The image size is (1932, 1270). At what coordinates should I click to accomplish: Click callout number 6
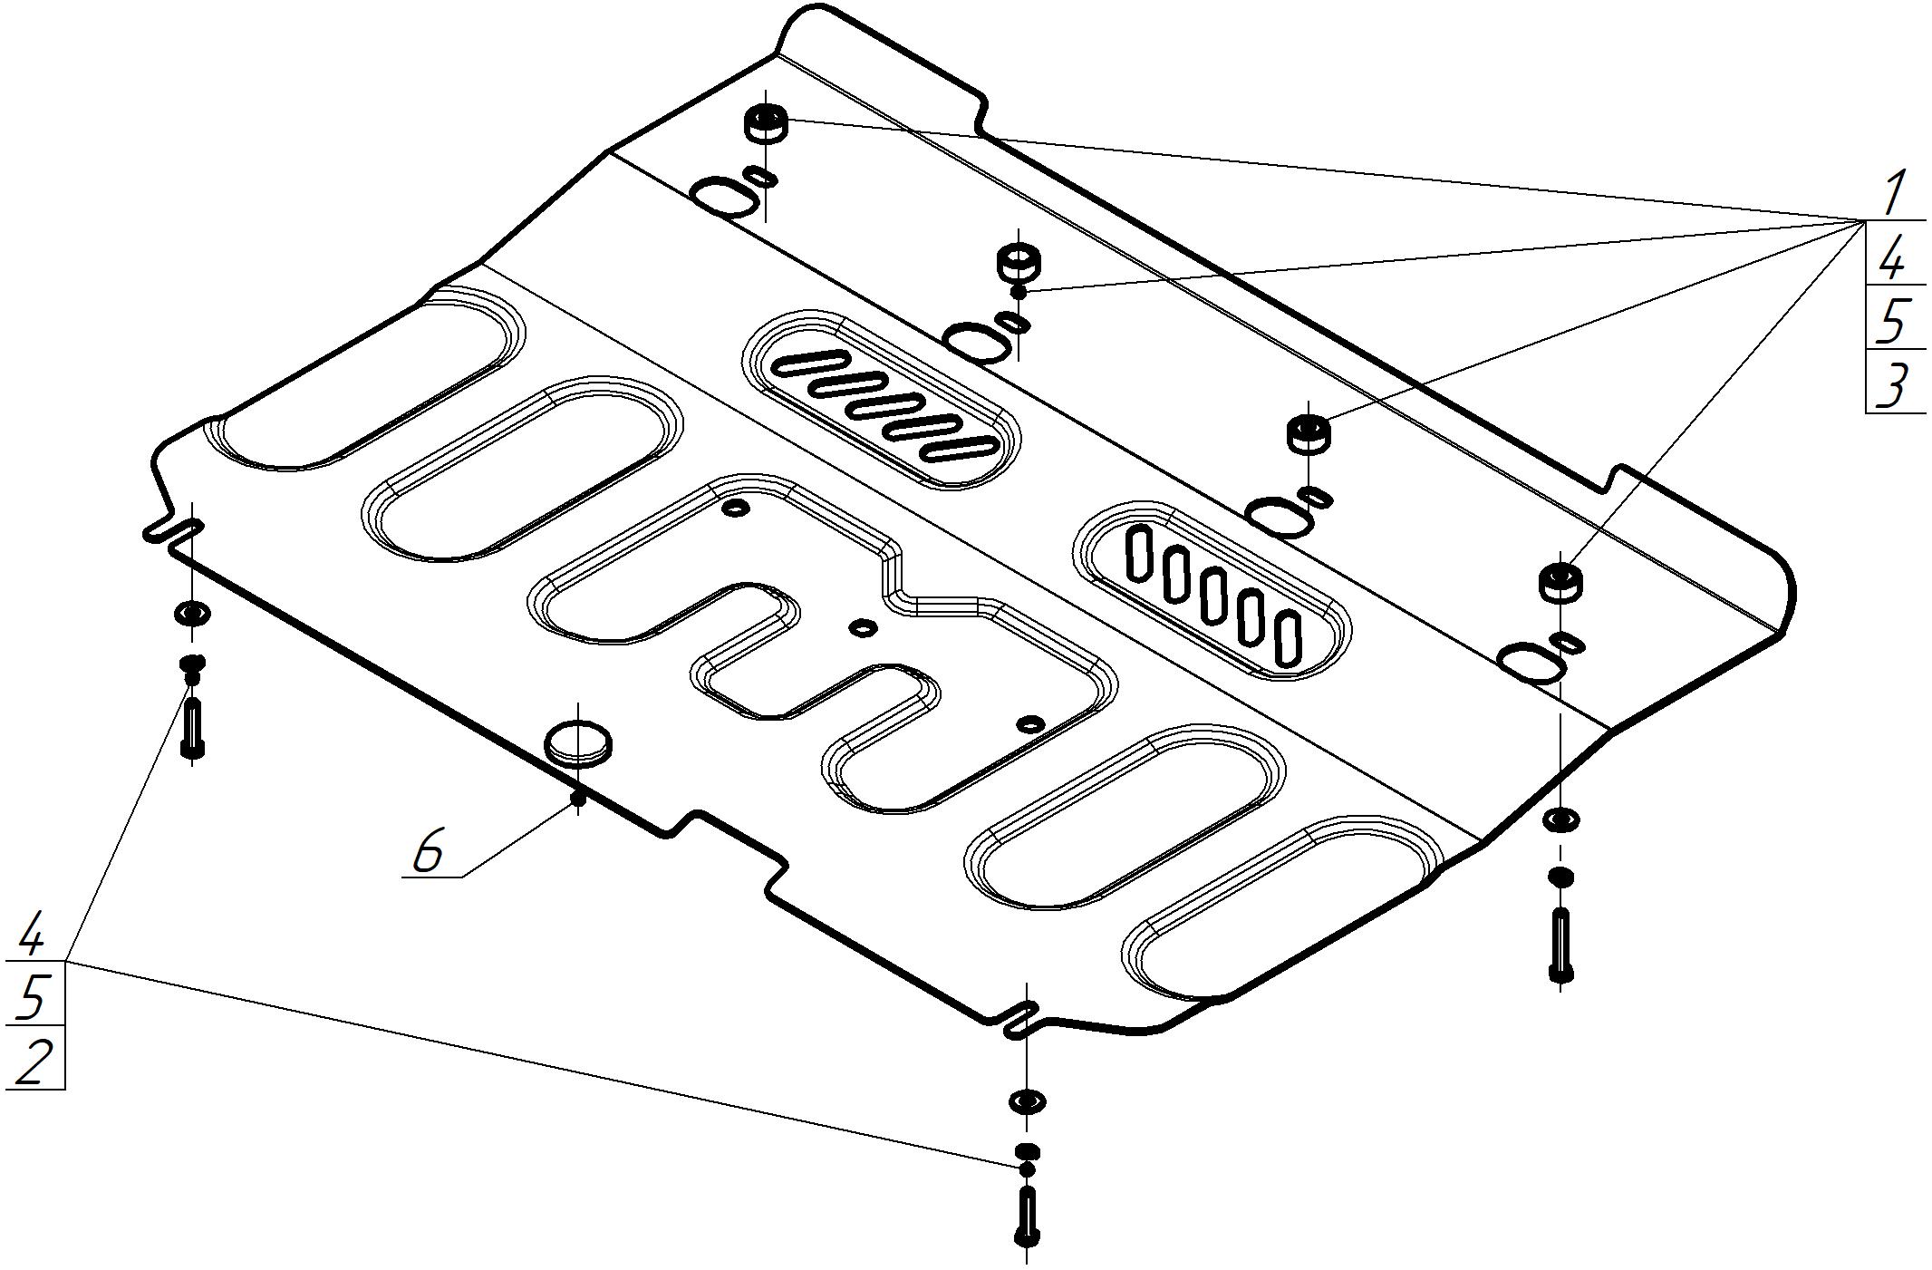point(428,852)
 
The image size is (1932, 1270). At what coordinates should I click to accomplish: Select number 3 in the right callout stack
point(1893,386)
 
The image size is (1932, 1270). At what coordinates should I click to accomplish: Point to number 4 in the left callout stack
point(32,936)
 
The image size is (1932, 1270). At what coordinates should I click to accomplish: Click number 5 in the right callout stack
point(1893,321)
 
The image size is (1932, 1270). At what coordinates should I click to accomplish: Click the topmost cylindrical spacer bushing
point(766,123)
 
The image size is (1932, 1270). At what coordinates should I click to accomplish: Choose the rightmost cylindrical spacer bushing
point(1561,581)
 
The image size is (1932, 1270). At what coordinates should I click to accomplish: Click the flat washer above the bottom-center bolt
point(1027,1101)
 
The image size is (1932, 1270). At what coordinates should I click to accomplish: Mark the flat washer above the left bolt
point(192,615)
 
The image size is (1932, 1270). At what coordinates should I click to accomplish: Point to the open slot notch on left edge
point(172,531)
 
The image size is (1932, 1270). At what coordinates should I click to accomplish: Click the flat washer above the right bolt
point(1560,821)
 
